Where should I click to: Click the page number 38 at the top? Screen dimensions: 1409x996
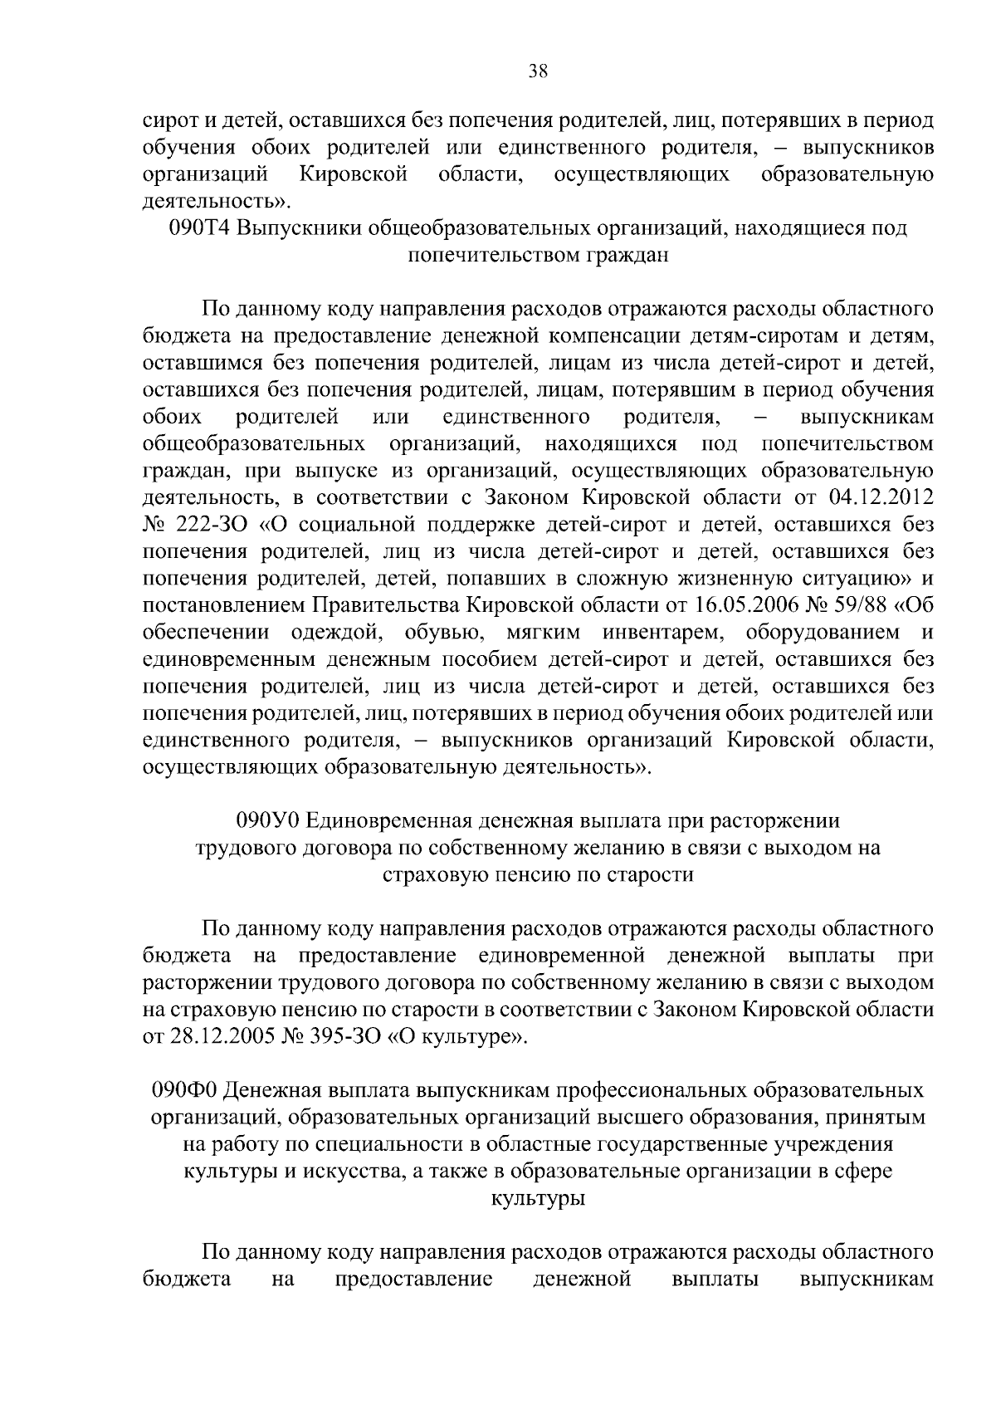(x=538, y=71)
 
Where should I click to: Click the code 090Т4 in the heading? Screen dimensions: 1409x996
(x=198, y=228)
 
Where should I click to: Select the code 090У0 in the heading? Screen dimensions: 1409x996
(x=269, y=821)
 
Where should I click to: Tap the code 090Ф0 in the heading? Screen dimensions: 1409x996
(x=186, y=1089)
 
